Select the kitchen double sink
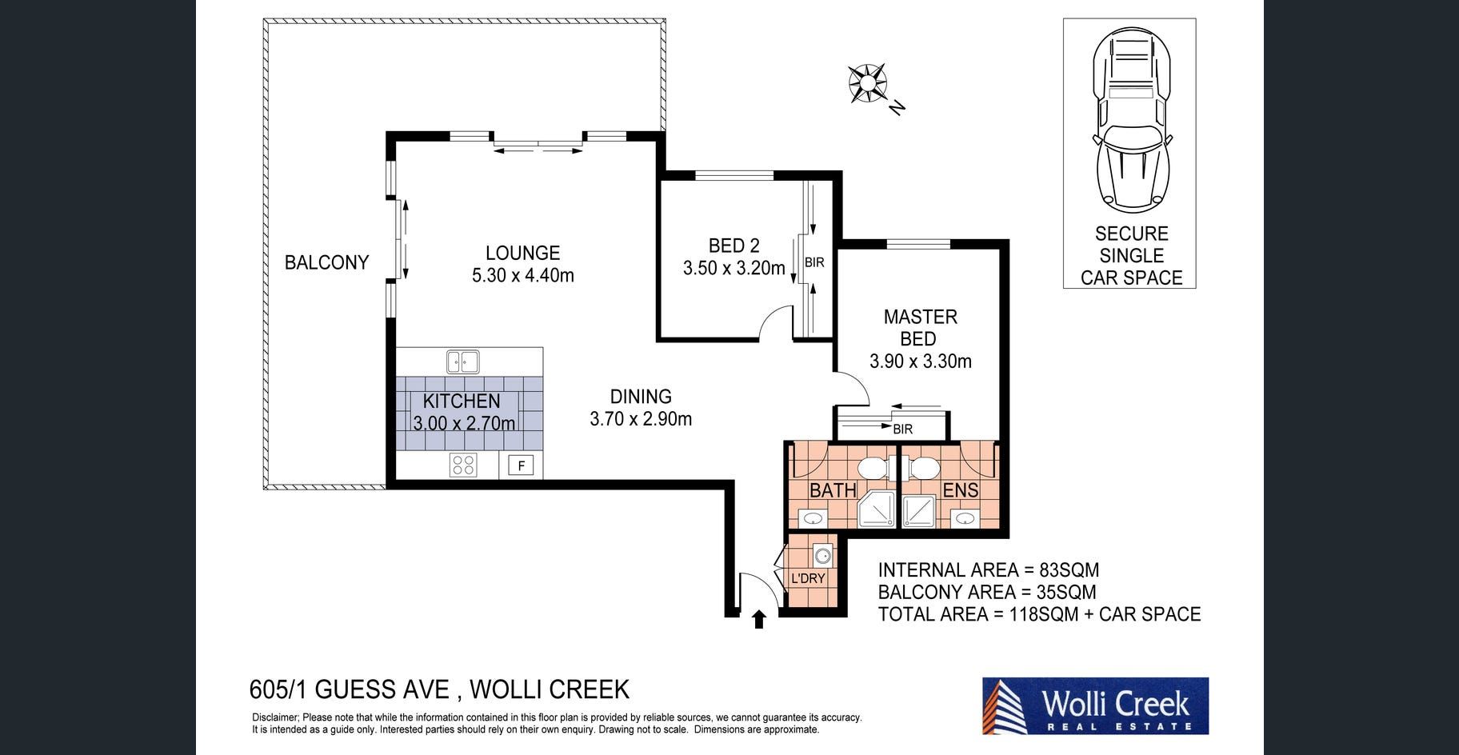[x=462, y=362]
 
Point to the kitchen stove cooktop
[x=463, y=465]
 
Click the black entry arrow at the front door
[x=759, y=619]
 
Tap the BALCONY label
[x=326, y=262]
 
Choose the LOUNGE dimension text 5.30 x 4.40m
[x=523, y=275]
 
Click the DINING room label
[x=641, y=397]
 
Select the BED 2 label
[x=733, y=246]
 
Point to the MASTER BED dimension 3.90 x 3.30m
[x=921, y=361]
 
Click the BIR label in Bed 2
[x=814, y=262]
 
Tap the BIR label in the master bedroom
[x=903, y=429]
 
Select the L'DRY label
[x=808, y=578]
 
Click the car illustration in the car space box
[x=1130, y=118]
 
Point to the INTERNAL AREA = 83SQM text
[x=989, y=570]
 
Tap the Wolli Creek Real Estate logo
[x=1095, y=706]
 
